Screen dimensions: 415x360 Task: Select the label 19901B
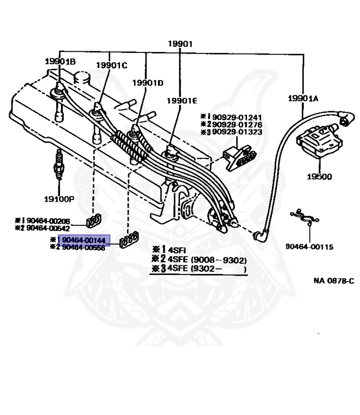click(x=60, y=61)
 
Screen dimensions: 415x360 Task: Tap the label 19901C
click(x=111, y=65)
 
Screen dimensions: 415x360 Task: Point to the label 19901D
click(x=148, y=83)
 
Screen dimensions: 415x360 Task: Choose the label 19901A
click(x=303, y=98)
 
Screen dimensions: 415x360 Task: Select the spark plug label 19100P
click(x=59, y=198)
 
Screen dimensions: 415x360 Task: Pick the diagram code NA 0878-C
click(x=334, y=280)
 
